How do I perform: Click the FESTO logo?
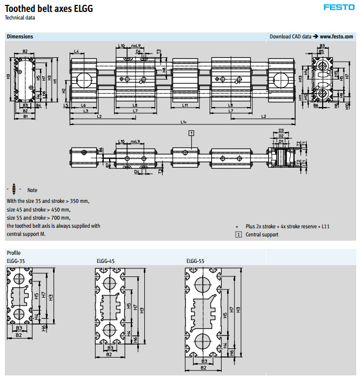click(339, 7)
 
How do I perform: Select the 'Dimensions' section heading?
click(20, 36)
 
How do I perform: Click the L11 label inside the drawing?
click(185, 105)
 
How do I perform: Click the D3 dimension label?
click(281, 131)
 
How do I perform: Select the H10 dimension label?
click(347, 105)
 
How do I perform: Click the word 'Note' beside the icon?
click(32, 190)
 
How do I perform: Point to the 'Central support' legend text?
click(262, 235)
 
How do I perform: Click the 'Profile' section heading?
click(14, 253)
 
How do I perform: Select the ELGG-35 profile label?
click(16, 261)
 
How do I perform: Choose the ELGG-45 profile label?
click(105, 261)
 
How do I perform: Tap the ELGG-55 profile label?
click(196, 261)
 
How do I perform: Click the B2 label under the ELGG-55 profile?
click(204, 368)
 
